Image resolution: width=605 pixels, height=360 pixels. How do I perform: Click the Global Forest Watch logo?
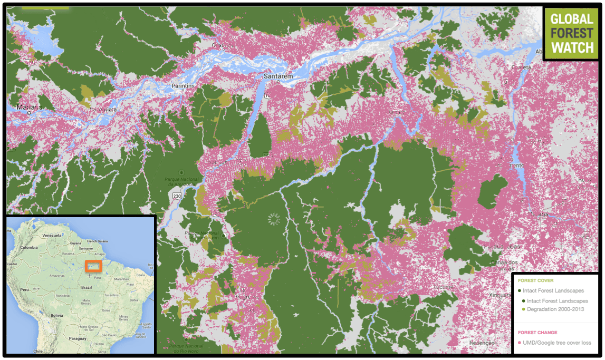click(571, 33)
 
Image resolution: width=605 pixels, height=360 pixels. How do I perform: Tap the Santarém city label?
click(277, 76)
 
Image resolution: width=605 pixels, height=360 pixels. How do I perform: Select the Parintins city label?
click(183, 86)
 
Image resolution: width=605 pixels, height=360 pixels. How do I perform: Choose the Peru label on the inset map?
click(24, 290)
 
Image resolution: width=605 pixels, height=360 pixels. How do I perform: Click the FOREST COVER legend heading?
click(535, 281)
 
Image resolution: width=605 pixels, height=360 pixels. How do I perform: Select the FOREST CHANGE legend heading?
click(537, 333)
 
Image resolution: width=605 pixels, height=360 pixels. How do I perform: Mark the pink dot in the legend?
click(520, 343)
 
